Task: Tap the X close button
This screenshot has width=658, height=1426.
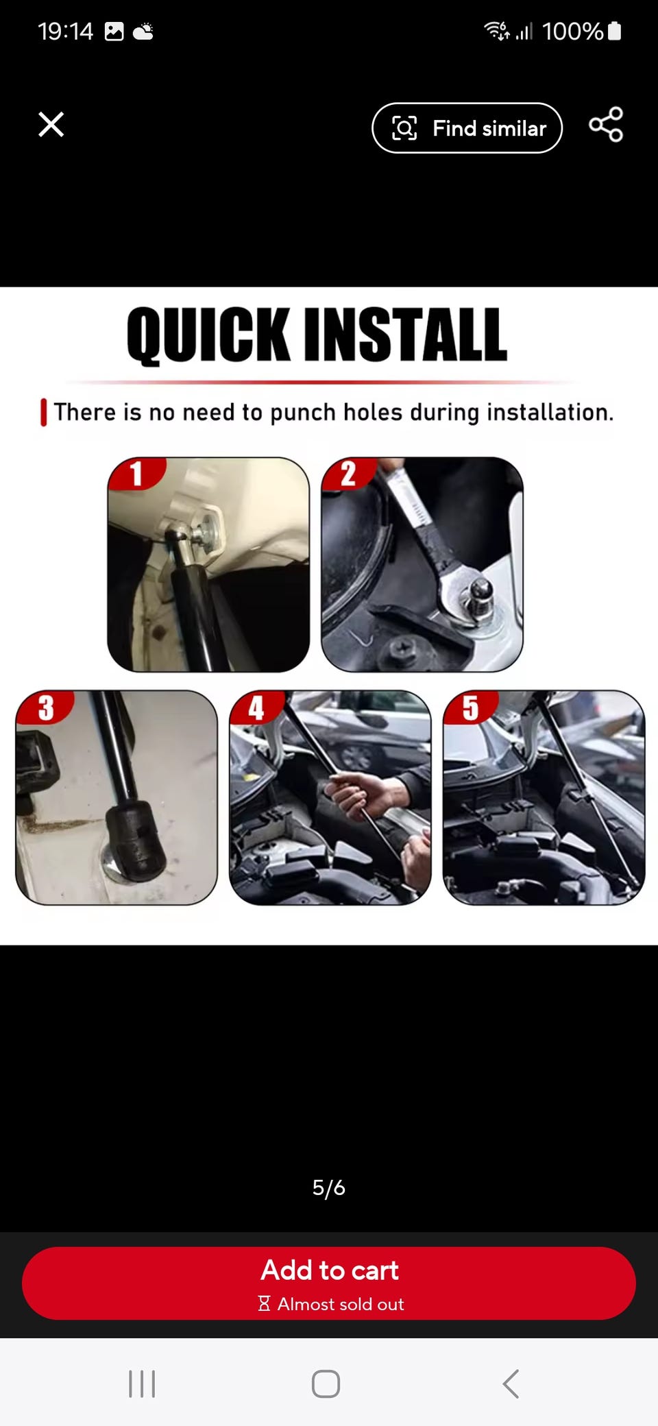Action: coord(51,125)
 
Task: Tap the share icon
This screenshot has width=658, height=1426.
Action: coord(606,124)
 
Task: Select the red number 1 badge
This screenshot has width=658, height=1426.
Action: coord(137,473)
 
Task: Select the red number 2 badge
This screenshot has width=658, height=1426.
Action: coord(349,473)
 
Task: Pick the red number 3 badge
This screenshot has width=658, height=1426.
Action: coord(45,707)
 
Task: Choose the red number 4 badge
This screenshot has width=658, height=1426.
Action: coord(256,707)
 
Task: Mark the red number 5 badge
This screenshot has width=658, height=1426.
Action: coord(471,707)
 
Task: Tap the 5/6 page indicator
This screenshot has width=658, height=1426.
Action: coord(329,1187)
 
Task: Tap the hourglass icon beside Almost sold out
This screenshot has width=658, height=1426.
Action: coord(264,1303)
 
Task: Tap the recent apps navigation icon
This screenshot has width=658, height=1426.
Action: coord(142,1383)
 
